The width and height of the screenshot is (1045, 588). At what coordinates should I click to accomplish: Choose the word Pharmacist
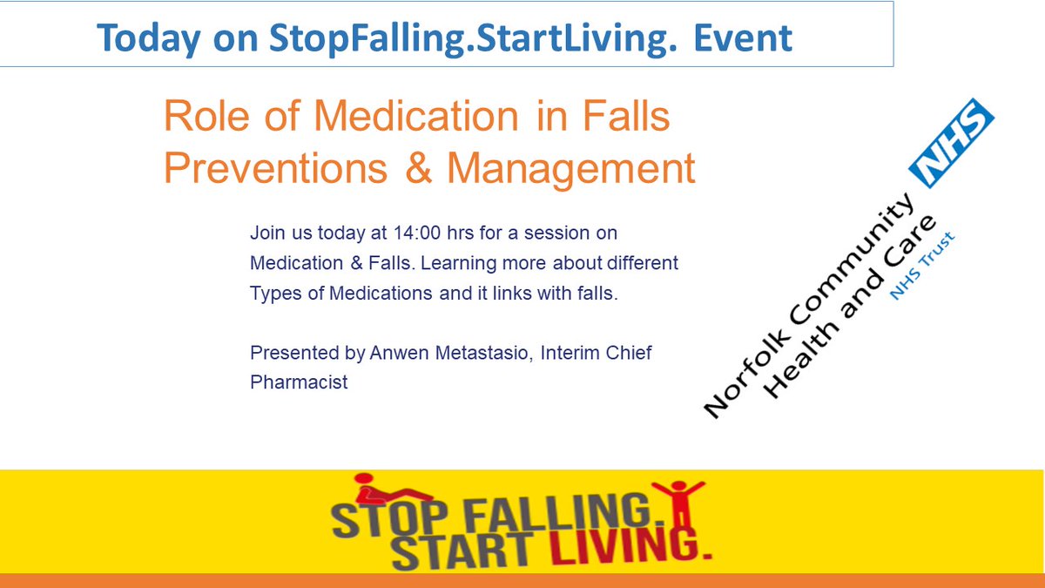click(299, 382)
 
